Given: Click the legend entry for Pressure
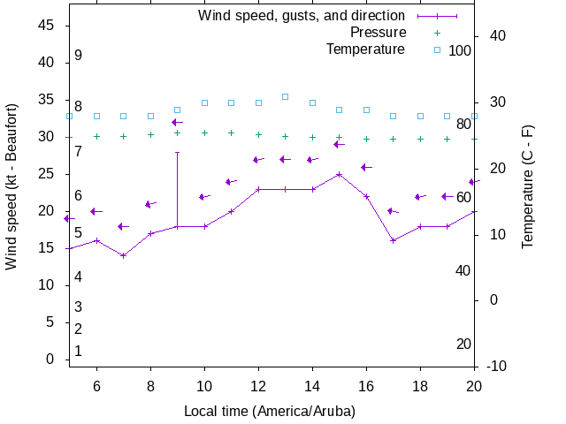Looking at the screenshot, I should (378, 33).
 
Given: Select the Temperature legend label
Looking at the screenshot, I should (365, 49).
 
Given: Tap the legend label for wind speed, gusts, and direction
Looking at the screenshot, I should (302, 16).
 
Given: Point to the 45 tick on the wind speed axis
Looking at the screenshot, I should (48, 26).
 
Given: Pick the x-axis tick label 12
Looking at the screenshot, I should (258, 386).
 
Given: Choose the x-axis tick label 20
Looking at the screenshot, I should (475, 386).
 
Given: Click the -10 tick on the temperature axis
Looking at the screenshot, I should (496, 366).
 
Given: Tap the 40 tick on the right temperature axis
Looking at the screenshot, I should (496, 36).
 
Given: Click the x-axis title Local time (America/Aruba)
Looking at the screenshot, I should (270, 411).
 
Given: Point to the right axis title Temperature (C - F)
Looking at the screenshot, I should (528, 185).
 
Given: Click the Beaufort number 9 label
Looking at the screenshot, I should (78, 56).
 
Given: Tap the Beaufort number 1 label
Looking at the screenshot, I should (78, 351).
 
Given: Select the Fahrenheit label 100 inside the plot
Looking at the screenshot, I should (460, 50).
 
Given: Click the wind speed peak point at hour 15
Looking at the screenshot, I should (340, 174).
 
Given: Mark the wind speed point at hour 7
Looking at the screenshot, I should (124, 255).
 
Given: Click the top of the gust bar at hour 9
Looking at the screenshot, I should (178, 152).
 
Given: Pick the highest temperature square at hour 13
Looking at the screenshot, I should (286, 96).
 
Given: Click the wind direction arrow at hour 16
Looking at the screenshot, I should (366, 167).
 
